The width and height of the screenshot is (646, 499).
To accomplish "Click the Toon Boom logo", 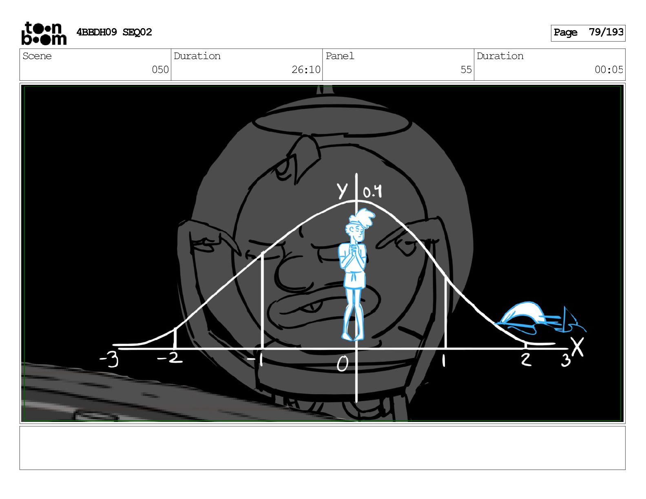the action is pyautogui.click(x=44, y=33).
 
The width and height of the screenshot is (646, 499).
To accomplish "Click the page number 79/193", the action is pyautogui.click(x=606, y=32).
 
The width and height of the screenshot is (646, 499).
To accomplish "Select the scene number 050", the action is pyautogui.click(x=160, y=70).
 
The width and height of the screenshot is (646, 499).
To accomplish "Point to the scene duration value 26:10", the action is pyautogui.click(x=306, y=70).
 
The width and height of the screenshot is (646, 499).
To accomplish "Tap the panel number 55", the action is pyautogui.click(x=466, y=70).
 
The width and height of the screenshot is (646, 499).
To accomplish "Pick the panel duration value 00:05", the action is pyautogui.click(x=608, y=70).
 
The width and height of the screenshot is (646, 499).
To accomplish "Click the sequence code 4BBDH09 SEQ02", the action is pyautogui.click(x=114, y=32).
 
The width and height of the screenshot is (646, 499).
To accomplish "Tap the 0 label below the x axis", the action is pyautogui.click(x=342, y=364).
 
